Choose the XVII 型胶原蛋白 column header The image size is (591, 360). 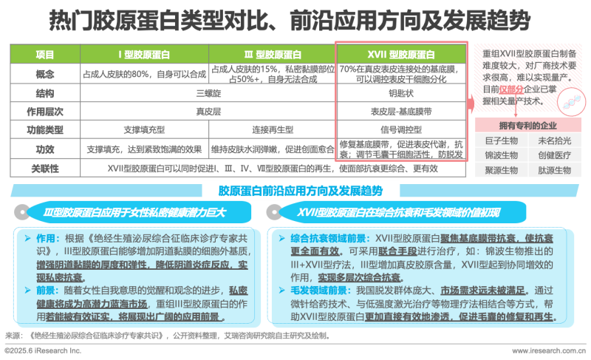click(x=401, y=54)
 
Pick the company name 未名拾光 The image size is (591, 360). click(x=552, y=141)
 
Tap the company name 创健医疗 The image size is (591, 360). click(x=552, y=155)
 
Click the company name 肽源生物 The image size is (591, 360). click(x=552, y=169)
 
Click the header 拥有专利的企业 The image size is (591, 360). click(x=527, y=126)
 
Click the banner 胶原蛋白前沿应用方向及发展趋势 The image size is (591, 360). click(x=300, y=191)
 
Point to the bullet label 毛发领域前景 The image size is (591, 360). click(x=307, y=289)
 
